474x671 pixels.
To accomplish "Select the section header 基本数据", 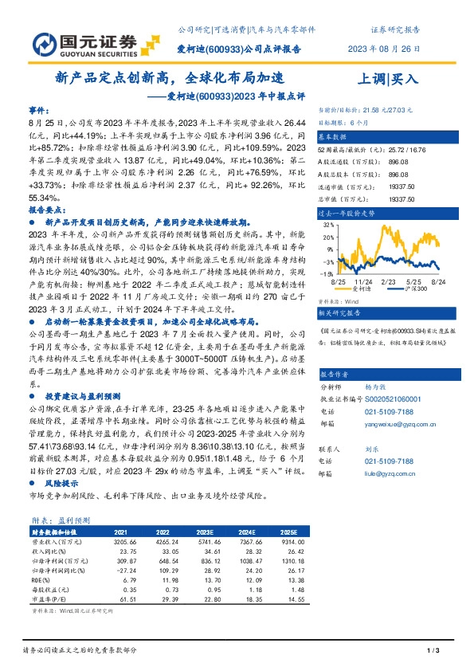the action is coord(335,137).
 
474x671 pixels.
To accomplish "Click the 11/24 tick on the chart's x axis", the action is coord(362,282).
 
